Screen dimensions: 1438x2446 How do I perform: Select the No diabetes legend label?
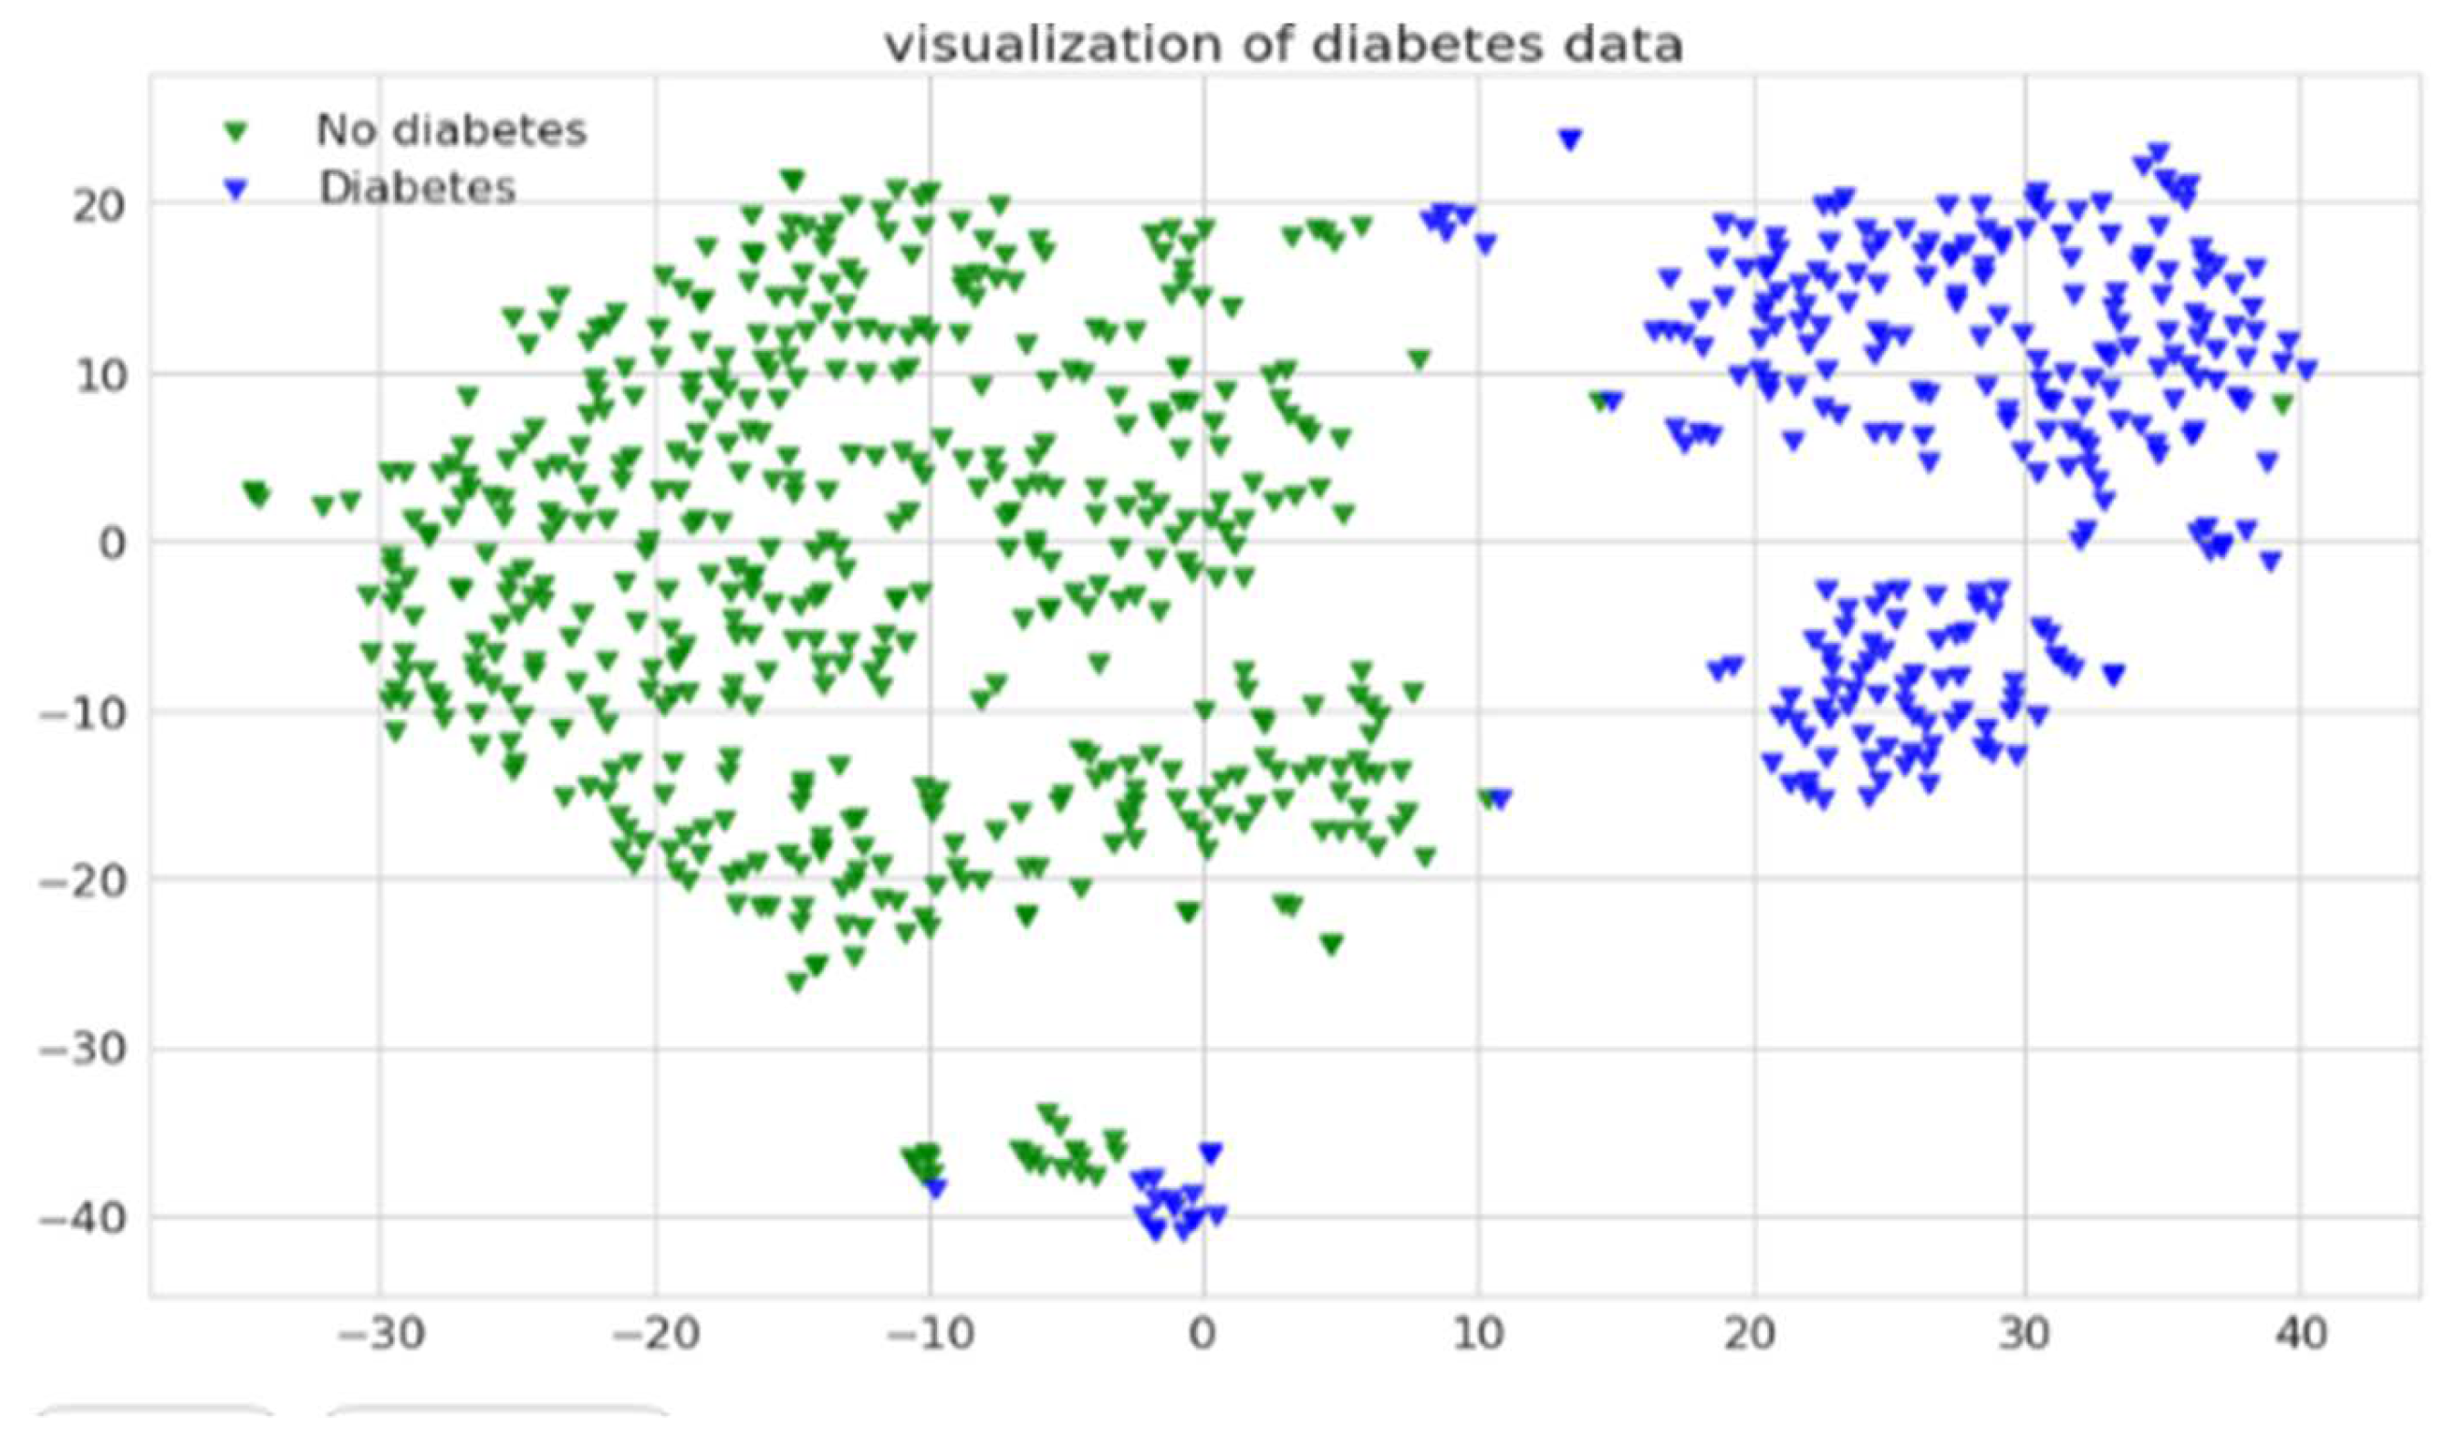(452, 130)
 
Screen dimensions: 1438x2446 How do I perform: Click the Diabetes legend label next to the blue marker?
(417, 187)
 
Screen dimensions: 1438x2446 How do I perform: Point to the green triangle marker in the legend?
(236, 131)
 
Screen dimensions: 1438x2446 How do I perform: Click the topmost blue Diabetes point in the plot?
(1569, 140)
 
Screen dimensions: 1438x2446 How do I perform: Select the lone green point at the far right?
(2283, 404)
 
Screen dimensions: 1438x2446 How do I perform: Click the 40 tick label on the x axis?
(2300, 1336)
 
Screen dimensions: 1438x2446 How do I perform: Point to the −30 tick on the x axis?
(380, 1336)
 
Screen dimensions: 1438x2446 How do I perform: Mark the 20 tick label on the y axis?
(99, 206)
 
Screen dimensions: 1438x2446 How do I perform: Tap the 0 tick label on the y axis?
(113, 543)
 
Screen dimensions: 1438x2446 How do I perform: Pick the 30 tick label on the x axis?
(2025, 1336)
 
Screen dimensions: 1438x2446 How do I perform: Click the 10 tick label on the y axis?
(99, 375)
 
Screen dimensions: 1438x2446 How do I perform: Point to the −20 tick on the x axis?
(655, 1336)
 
